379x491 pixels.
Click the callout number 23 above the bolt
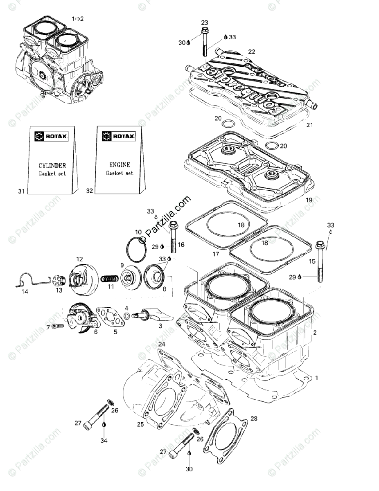pyautogui.click(x=205, y=23)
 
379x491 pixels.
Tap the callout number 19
pyautogui.click(x=309, y=200)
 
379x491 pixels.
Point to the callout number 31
pyautogui.click(x=22, y=191)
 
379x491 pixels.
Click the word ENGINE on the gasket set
pyautogui.click(x=120, y=164)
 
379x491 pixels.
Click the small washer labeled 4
pyautogui.click(x=127, y=315)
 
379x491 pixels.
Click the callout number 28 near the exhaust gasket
pyautogui.click(x=254, y=418)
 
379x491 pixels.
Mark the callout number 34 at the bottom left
pyautogui.click(x=104, y=441)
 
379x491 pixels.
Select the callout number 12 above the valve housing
pyautogui.click(x=79, y=259)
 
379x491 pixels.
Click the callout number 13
pyautogui.click(x=59, y=290)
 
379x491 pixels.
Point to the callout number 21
pyautogui.click(x=310, y=124)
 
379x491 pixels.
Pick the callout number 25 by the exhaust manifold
pyautogui.click(x=140, y=425)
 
